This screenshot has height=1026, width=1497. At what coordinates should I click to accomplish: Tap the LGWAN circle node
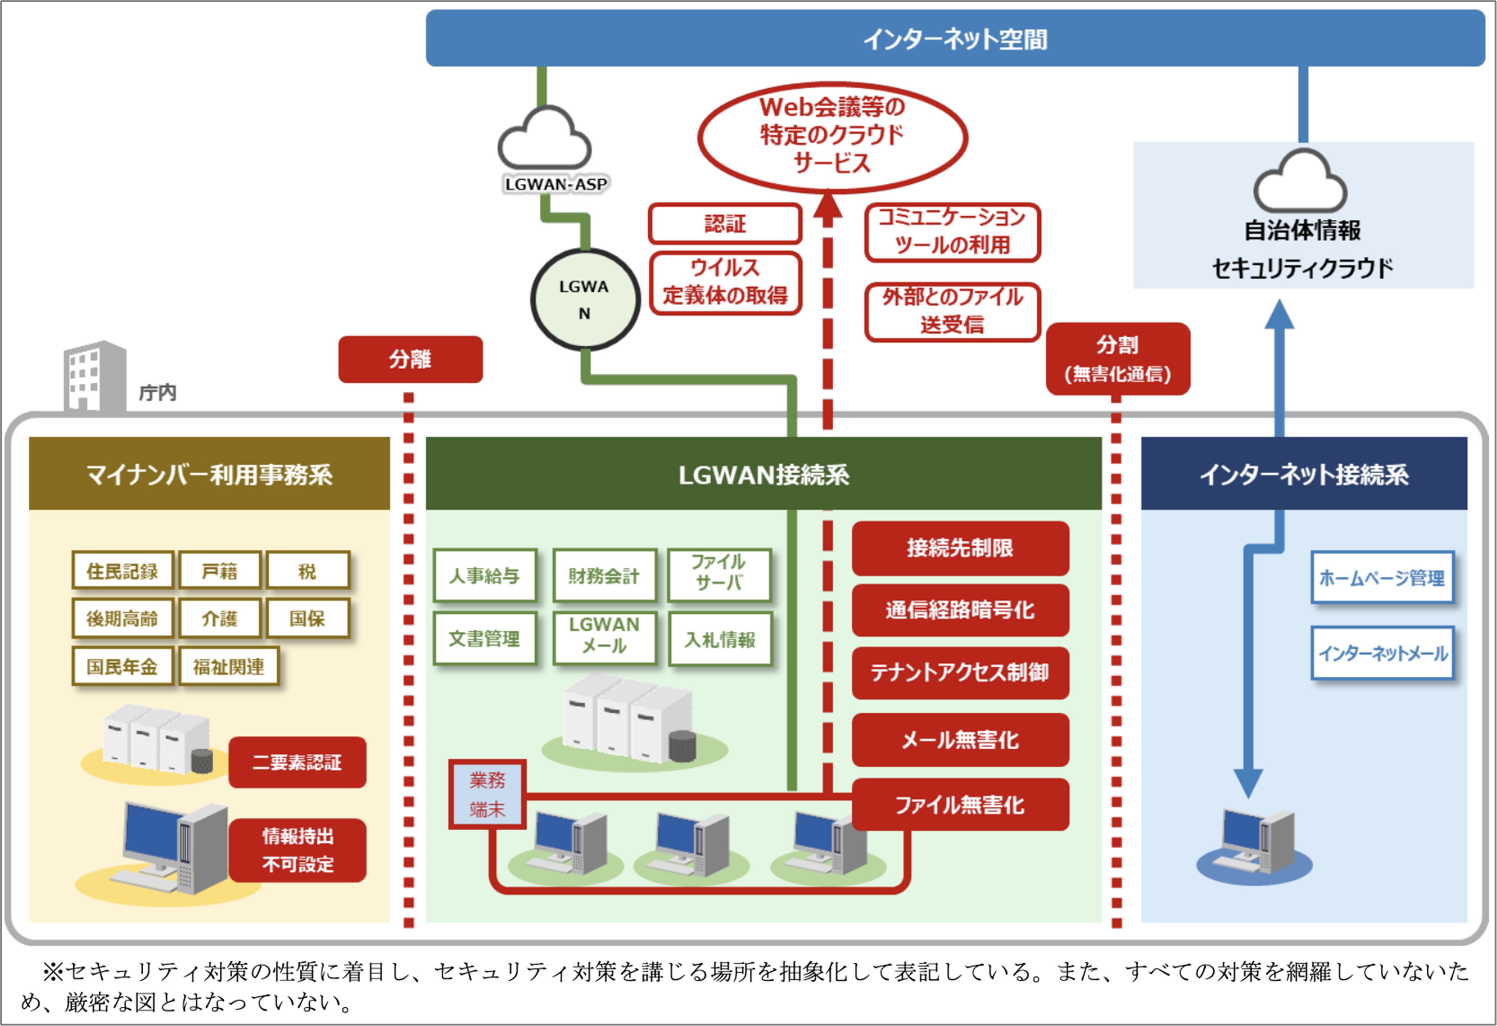point(585,300)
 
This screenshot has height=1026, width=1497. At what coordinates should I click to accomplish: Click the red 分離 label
point(410,359)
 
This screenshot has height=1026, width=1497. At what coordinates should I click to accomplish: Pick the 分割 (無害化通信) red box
point(1118,359)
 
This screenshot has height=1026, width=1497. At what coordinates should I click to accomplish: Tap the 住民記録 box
point(122,571)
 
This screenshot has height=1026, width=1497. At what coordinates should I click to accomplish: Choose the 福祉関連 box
point(229,667)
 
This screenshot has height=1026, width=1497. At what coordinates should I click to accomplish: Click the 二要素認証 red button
point(297,763)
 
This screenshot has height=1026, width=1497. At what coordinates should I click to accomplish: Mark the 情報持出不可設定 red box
point(297,850)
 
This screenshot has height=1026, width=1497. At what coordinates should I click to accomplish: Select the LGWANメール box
point(604,636)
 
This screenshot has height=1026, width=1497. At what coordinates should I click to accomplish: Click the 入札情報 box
point(720,640)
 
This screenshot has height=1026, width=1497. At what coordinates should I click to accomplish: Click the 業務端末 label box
point(488,795)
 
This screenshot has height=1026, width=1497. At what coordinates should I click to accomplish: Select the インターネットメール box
point(1382,653)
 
